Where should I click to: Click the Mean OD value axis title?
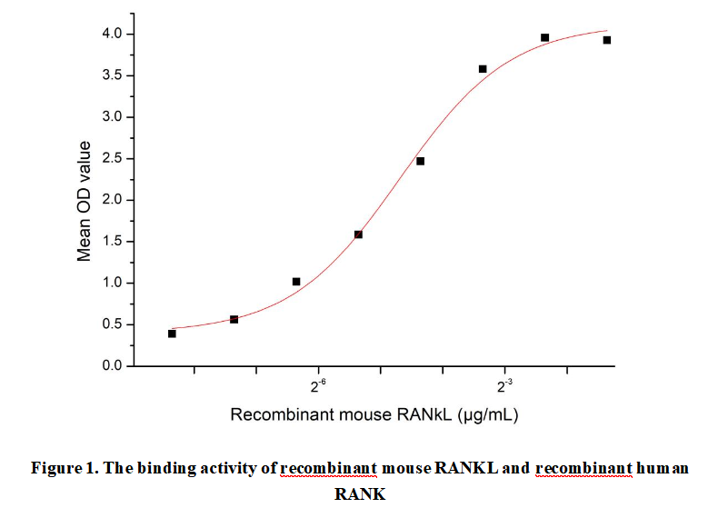coord(85,201)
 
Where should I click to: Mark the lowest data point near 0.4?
coord(172,334)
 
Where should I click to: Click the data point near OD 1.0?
coord(296,282)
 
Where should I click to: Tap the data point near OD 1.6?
coord(358,234)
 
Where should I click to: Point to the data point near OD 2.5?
coord(420,161)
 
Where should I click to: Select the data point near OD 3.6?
coord(483,69)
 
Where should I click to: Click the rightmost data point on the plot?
coord(606,40)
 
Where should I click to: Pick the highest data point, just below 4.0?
coord(544,37)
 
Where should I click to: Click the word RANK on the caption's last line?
coord(360,493)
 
